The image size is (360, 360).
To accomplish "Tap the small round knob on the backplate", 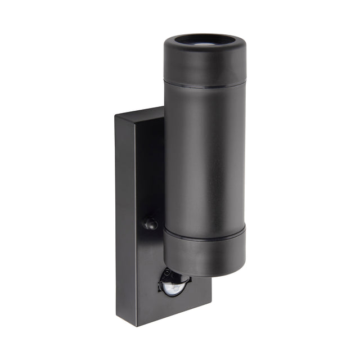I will pyautogui.click(x=150, y=223).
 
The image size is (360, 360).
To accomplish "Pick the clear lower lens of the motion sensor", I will pyautogui.click(x=173, y=288).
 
